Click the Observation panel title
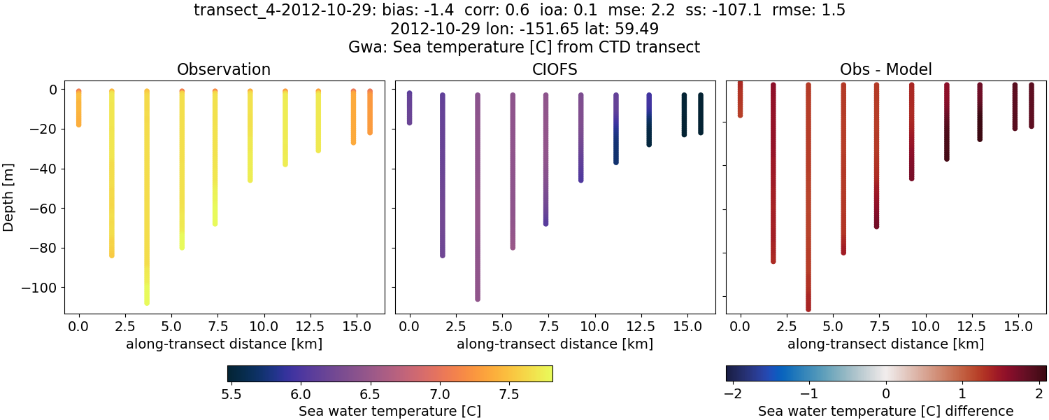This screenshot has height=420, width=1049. [224, 69]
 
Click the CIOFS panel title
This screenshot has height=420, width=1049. [555, 69]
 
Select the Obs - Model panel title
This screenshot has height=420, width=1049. [885, 69]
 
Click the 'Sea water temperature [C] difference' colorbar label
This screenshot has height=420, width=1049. [885, 411]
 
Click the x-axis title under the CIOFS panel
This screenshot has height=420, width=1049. [555, 344]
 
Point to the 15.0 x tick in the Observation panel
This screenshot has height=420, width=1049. [356, 326]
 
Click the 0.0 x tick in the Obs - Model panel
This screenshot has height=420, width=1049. [741, 326]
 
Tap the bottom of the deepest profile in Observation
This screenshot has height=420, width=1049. [147, 302]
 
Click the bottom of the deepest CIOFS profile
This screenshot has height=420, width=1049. [478, 299]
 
